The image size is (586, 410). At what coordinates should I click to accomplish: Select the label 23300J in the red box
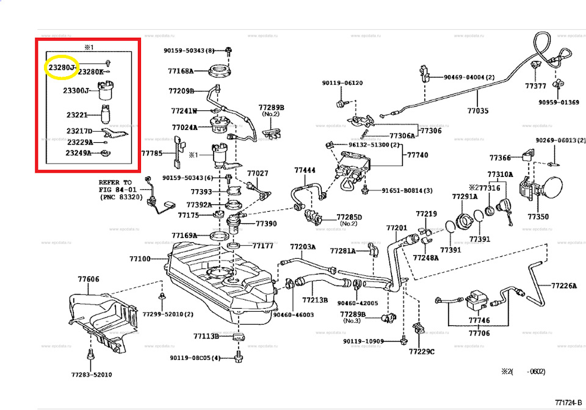tap(76, 91)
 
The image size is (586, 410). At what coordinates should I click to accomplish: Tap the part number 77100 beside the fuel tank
tap(139, 259)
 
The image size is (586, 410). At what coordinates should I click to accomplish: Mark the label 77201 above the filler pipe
tap(396, 228)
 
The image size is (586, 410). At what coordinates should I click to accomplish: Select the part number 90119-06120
tap(342, 83)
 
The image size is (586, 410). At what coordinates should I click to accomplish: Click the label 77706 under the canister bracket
tap(479, 333)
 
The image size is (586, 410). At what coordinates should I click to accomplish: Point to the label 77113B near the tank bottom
tap(206, 336)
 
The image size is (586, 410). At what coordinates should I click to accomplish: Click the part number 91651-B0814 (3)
tap(407, 191)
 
